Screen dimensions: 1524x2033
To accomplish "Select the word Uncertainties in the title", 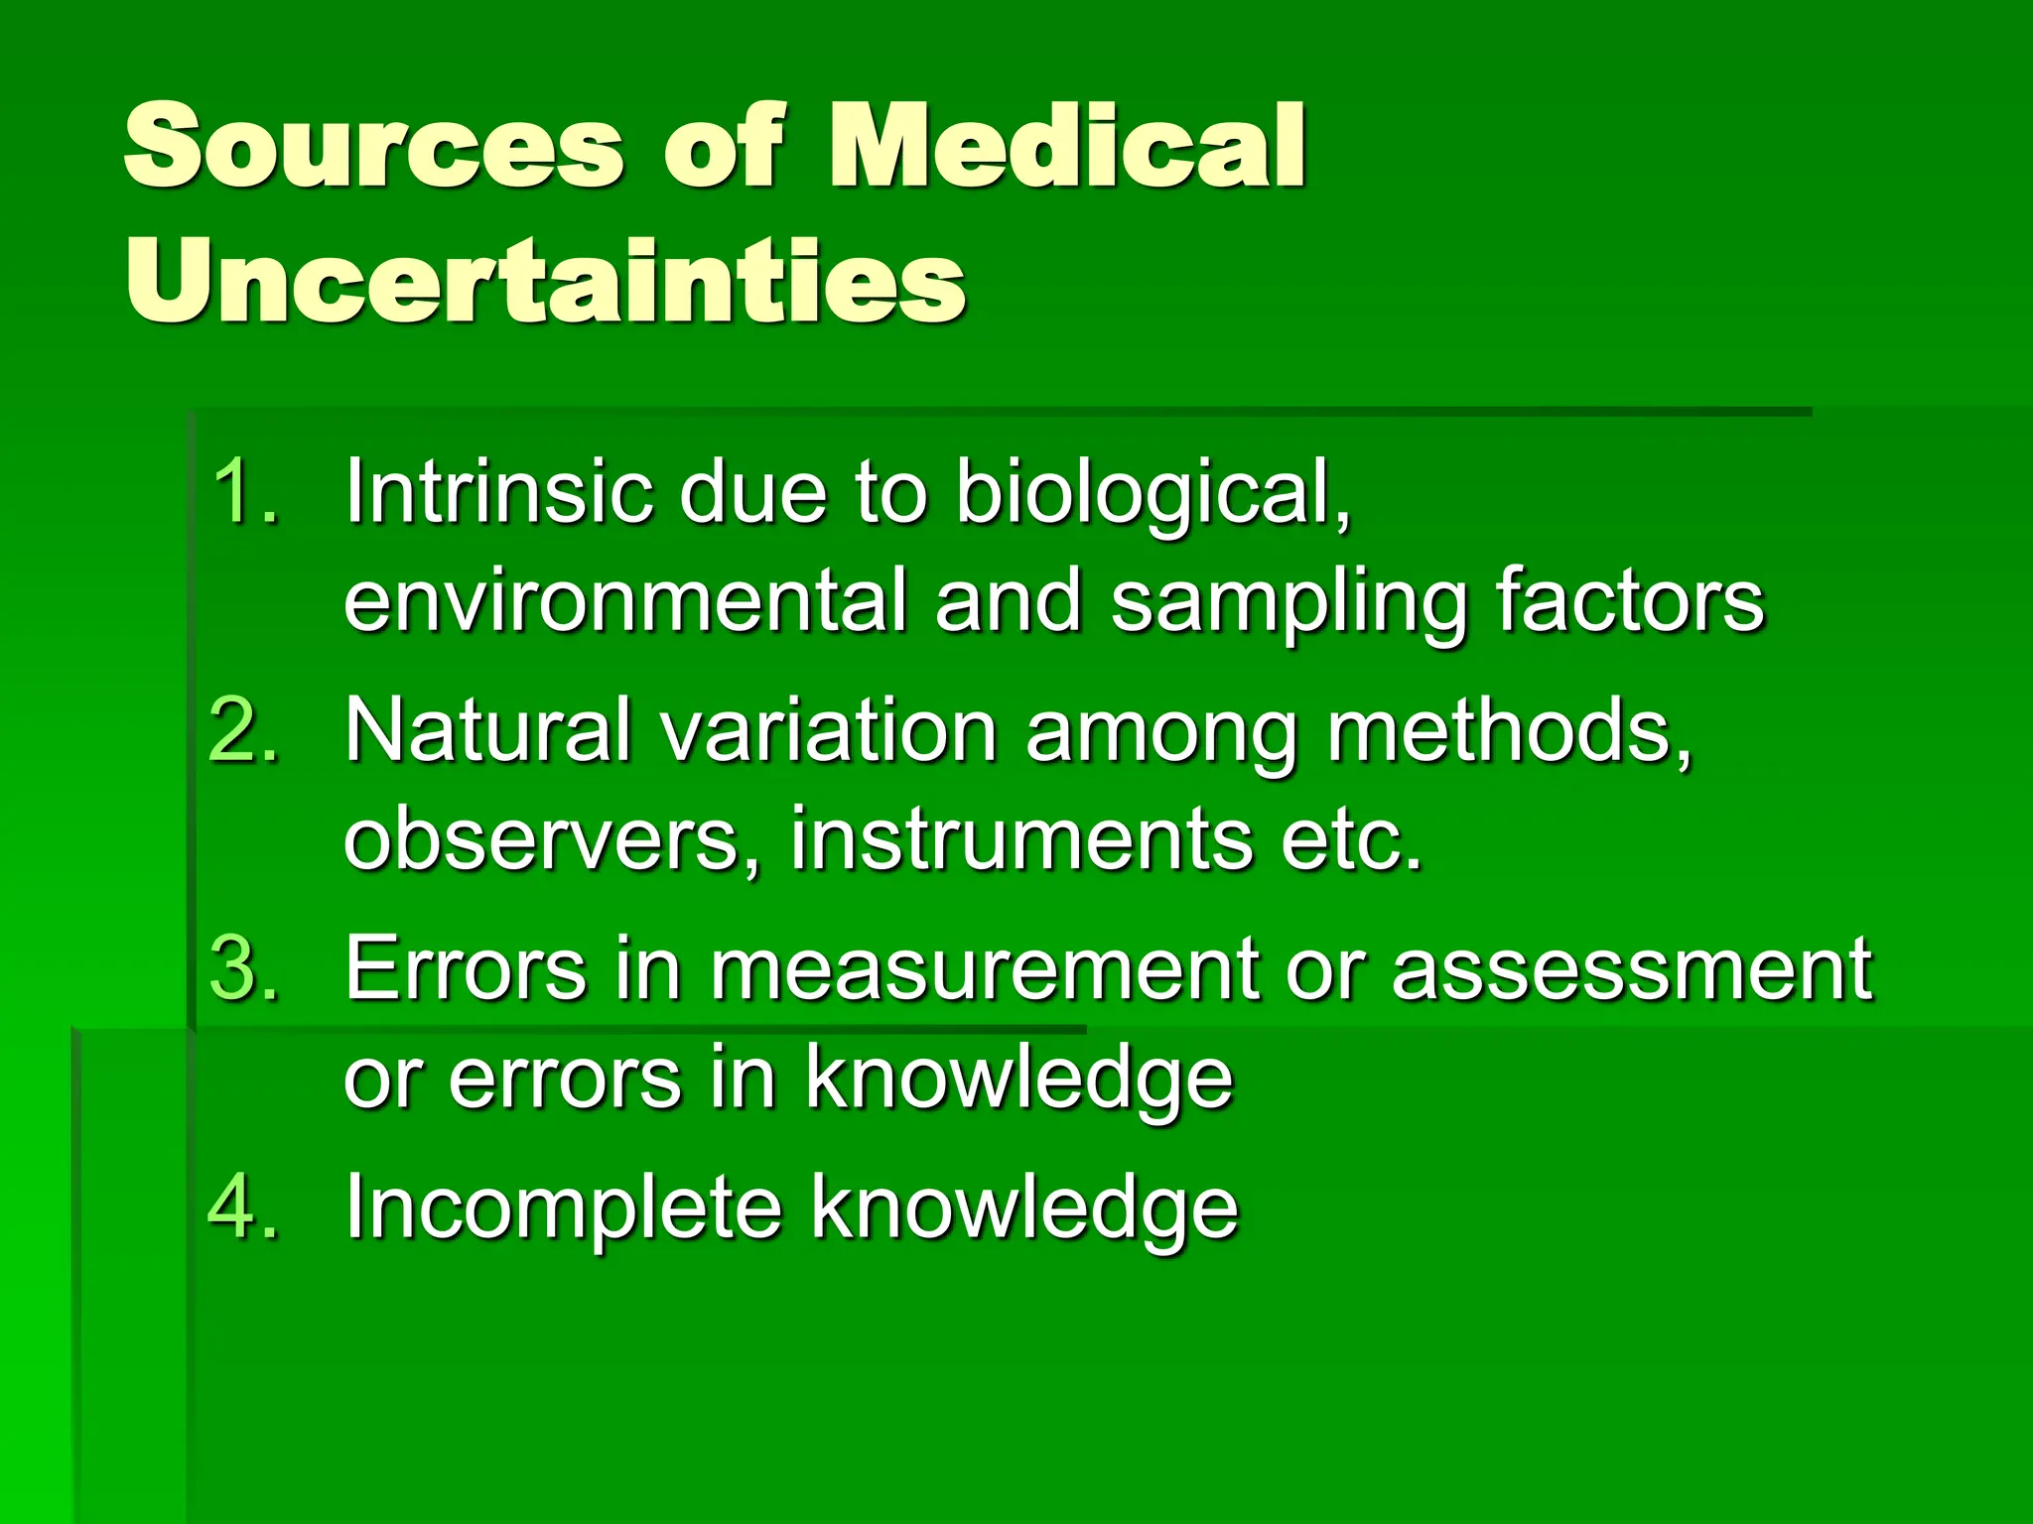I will [x=545, y=282].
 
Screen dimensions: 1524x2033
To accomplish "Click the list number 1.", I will [x=244, y=490].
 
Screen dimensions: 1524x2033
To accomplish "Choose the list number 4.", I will [x=244, y=1206].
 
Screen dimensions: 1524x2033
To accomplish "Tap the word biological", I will [x=1152, y=492].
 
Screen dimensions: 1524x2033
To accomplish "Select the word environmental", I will [x=625, y=601].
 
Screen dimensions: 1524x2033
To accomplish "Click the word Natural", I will [x=487, y=731].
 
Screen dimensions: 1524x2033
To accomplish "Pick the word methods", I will [x=1510, y=731].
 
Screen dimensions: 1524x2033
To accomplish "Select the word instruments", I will [x=1021, y=839].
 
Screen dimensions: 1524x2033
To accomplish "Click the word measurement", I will [x=984, y=969].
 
